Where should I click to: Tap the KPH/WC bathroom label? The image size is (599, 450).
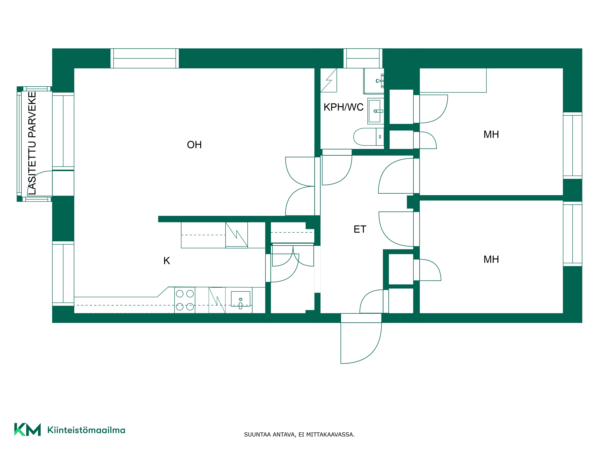(x=343, y=107)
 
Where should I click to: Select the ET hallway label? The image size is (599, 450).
(x=360, y=229)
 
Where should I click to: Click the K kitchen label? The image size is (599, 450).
(x=167, y=261)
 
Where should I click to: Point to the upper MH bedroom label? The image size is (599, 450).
(x=491, y=134)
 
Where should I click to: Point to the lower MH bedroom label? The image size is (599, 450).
(x=491, y=259)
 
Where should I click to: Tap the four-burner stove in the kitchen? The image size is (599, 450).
(x=185, y=300)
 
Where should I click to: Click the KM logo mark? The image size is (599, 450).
(x=27, y=429)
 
